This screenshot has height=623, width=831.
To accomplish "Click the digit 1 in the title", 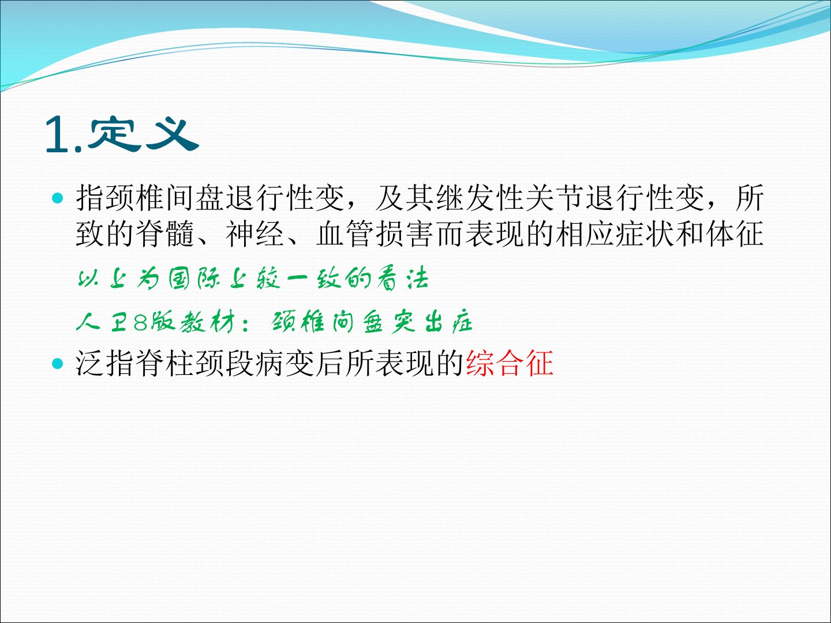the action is (x=58, y=134).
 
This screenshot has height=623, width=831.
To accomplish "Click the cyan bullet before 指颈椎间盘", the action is (x=58, y=198).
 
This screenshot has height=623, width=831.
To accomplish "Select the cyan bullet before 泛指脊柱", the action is (x=58, y=363).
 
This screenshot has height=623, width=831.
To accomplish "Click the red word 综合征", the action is (x=510, y=363).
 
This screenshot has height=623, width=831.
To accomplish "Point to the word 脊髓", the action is (x=165, y=234).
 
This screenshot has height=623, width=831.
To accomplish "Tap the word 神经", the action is (x=255, y=234).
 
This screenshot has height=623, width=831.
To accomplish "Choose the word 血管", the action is (x=345, y=234).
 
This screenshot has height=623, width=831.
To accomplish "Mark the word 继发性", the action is (x=480, y=198).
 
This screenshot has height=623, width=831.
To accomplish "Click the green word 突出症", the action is (x=432, y=323).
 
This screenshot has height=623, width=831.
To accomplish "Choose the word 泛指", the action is (x=105, y=363).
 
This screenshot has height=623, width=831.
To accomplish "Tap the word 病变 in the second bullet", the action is (x=285, y=363).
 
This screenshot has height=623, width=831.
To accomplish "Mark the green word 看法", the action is (x=402, y=279).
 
